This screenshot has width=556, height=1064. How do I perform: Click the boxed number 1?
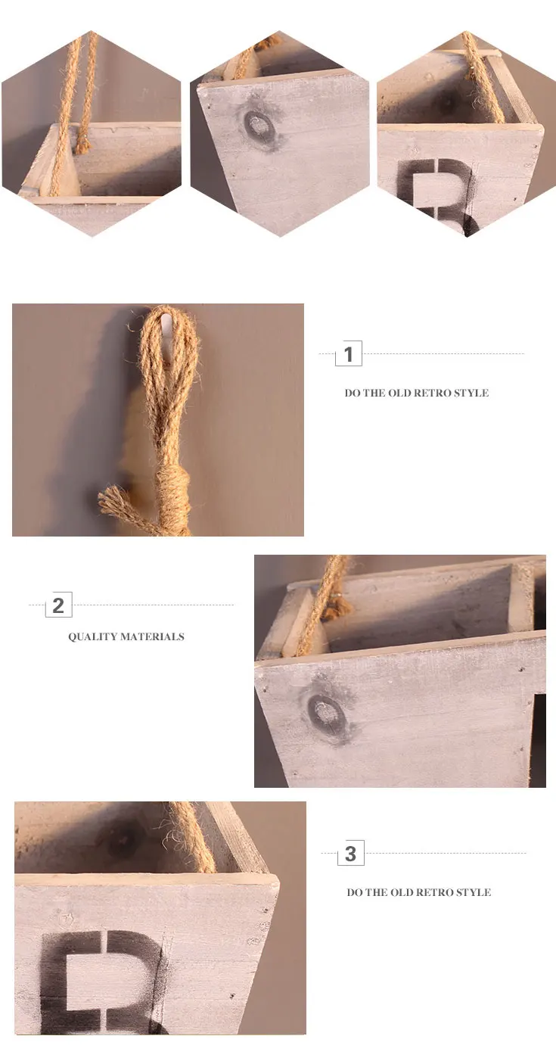tap(349, 354)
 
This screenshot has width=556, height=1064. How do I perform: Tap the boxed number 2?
tap(58, 605)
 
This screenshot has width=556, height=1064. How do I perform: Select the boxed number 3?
tap(350, 854)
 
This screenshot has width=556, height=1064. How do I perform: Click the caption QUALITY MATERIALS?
tap(126, 637)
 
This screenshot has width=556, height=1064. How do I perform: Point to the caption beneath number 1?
tap(416, 393)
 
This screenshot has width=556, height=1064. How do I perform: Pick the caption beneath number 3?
tap(419, 892)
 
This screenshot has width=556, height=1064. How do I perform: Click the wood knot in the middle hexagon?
tap(259, 127)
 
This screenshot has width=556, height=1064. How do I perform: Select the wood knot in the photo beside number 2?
tap(327, 713)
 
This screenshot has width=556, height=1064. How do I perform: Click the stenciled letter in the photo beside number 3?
tap(102, 981)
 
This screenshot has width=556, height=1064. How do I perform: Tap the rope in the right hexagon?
tap(482, 79)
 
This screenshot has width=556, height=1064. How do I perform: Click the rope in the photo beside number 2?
tap(324, 608)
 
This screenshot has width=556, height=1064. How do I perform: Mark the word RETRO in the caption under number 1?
tap(433, 393)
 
